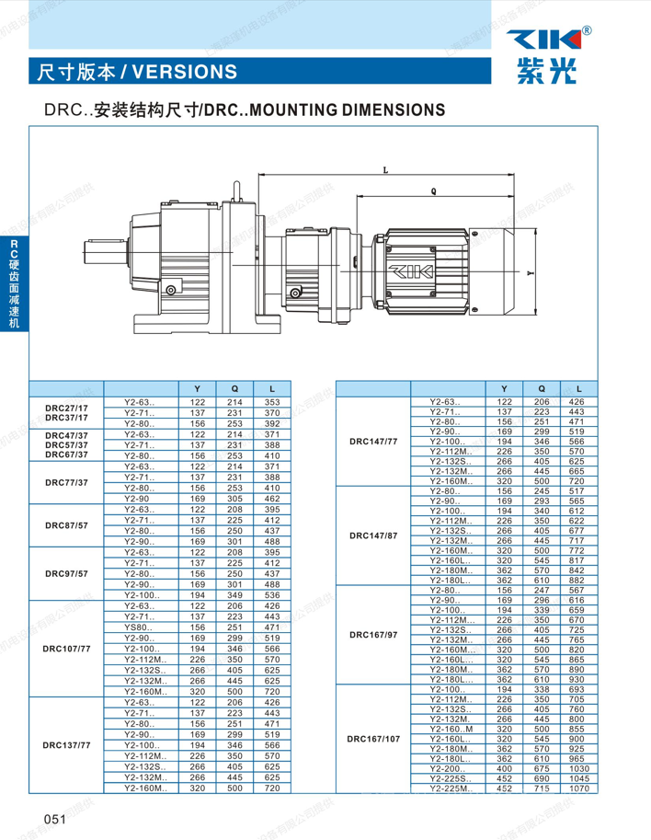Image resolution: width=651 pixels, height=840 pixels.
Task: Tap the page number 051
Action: pos(51,818)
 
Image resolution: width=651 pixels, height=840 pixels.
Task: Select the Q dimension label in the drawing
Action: pos(433,191)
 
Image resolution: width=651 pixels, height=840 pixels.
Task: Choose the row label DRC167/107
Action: pos(373,739)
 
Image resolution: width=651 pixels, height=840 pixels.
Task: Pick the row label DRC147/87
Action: pos(373,535)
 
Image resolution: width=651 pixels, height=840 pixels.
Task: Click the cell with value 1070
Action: pos(577,788)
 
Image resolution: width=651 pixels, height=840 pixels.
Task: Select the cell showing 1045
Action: pos(577,778)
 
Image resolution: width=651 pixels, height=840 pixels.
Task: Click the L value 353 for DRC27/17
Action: pos(272,402)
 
